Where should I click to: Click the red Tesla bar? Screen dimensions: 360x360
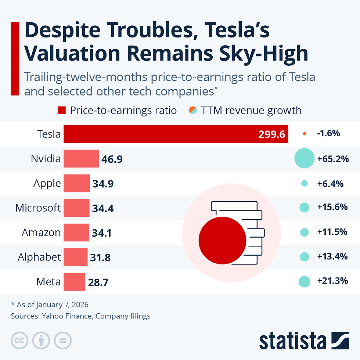[x=176, y=134]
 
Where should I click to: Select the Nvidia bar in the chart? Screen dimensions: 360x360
[x=81, y=159]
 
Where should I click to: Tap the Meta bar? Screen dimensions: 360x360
[x=74, y=282]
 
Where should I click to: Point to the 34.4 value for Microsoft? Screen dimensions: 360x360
[x=102, y=208]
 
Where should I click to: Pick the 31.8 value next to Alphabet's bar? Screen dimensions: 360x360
[x=100, y=258]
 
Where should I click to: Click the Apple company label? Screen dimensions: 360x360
[x=47, y=183]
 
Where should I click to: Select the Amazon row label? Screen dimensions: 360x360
[x=41, y=233]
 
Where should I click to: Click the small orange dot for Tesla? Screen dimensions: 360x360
[x=304, y=134]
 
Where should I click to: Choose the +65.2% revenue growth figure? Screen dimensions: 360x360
[x=333, y=159]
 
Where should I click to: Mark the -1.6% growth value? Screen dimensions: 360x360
[x=328, y=134]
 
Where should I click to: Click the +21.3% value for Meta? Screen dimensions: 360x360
[x=332, y=281]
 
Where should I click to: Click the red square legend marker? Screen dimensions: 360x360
[x=62, y=110]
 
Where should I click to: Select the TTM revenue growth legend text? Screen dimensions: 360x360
[x=251, y=110]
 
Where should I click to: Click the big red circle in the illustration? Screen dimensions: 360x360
[x=222, y=240]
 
